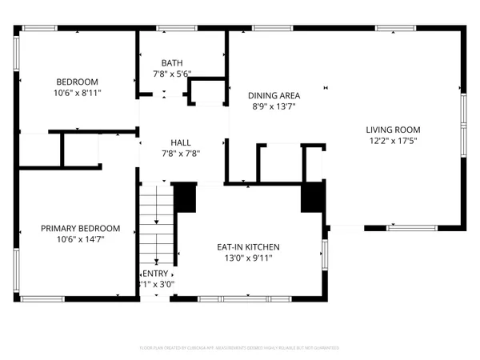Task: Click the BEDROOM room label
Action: coord(77,82)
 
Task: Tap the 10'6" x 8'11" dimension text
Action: coord(77,93)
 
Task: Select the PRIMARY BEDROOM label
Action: coord(81,228)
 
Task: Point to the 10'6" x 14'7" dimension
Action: coord(81,238)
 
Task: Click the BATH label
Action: coord(172,63)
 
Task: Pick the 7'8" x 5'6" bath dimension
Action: coord(172,74)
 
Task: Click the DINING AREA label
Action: coord(274,94)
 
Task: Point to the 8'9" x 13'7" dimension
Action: coord(274,105)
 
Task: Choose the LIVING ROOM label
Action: coord(393,130)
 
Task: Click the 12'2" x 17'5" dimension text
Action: coord(393,141)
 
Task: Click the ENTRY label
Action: coord(157,273)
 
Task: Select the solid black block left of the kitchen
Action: coord(185,198)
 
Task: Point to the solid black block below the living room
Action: coord(313,197)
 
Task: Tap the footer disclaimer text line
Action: coord(240,348)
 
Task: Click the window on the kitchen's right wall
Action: coord(324,255)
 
